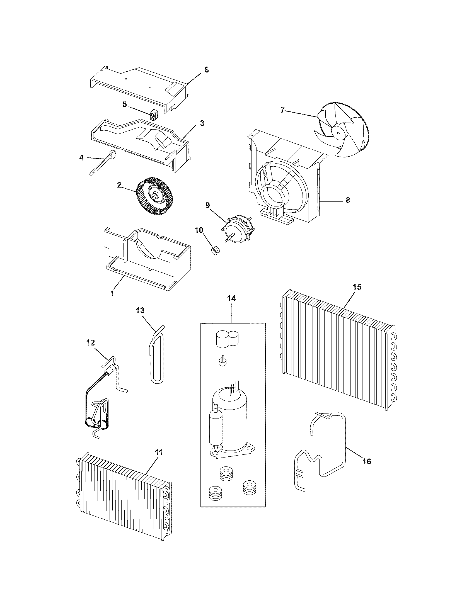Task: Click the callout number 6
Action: (x=206, y=70)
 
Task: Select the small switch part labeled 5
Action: (x=154, y=115)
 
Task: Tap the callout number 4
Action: (x=81, y=158)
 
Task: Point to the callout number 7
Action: (x=283, y=110)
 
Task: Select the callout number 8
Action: (x=348, y=200)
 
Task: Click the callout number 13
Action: (x=140, y=310)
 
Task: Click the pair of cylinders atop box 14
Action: (x=227, y=338)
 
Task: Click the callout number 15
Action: (x=357, y=287)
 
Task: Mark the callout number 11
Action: (x=159, y=452)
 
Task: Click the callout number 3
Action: (x=202, y=123)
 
